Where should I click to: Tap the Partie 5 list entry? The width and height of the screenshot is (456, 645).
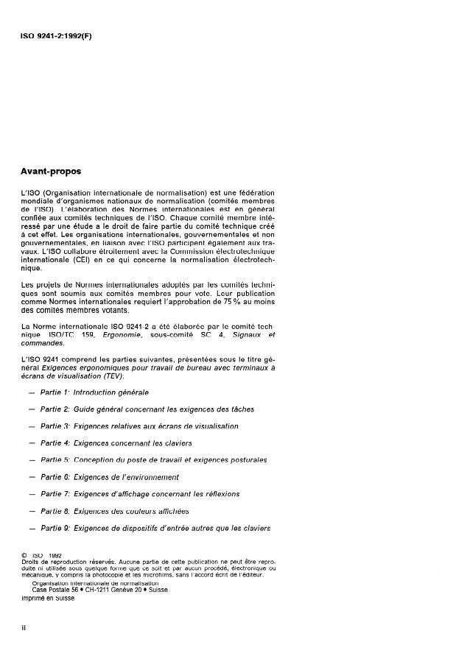(153, 459)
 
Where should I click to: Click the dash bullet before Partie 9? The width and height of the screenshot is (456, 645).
(31, 527)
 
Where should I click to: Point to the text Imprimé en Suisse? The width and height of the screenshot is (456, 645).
(48, 597)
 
